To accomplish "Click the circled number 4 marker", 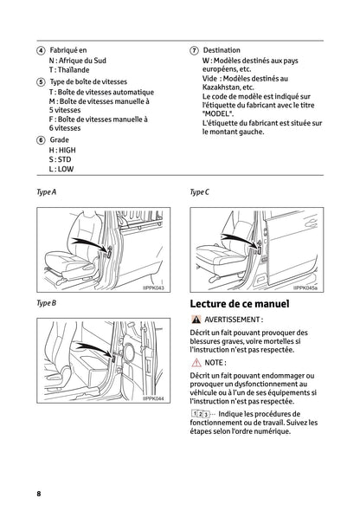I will click(x=41, y=50).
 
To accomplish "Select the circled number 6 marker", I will click(x=41, y=139).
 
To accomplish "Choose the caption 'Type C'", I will click(x=199, y=191).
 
